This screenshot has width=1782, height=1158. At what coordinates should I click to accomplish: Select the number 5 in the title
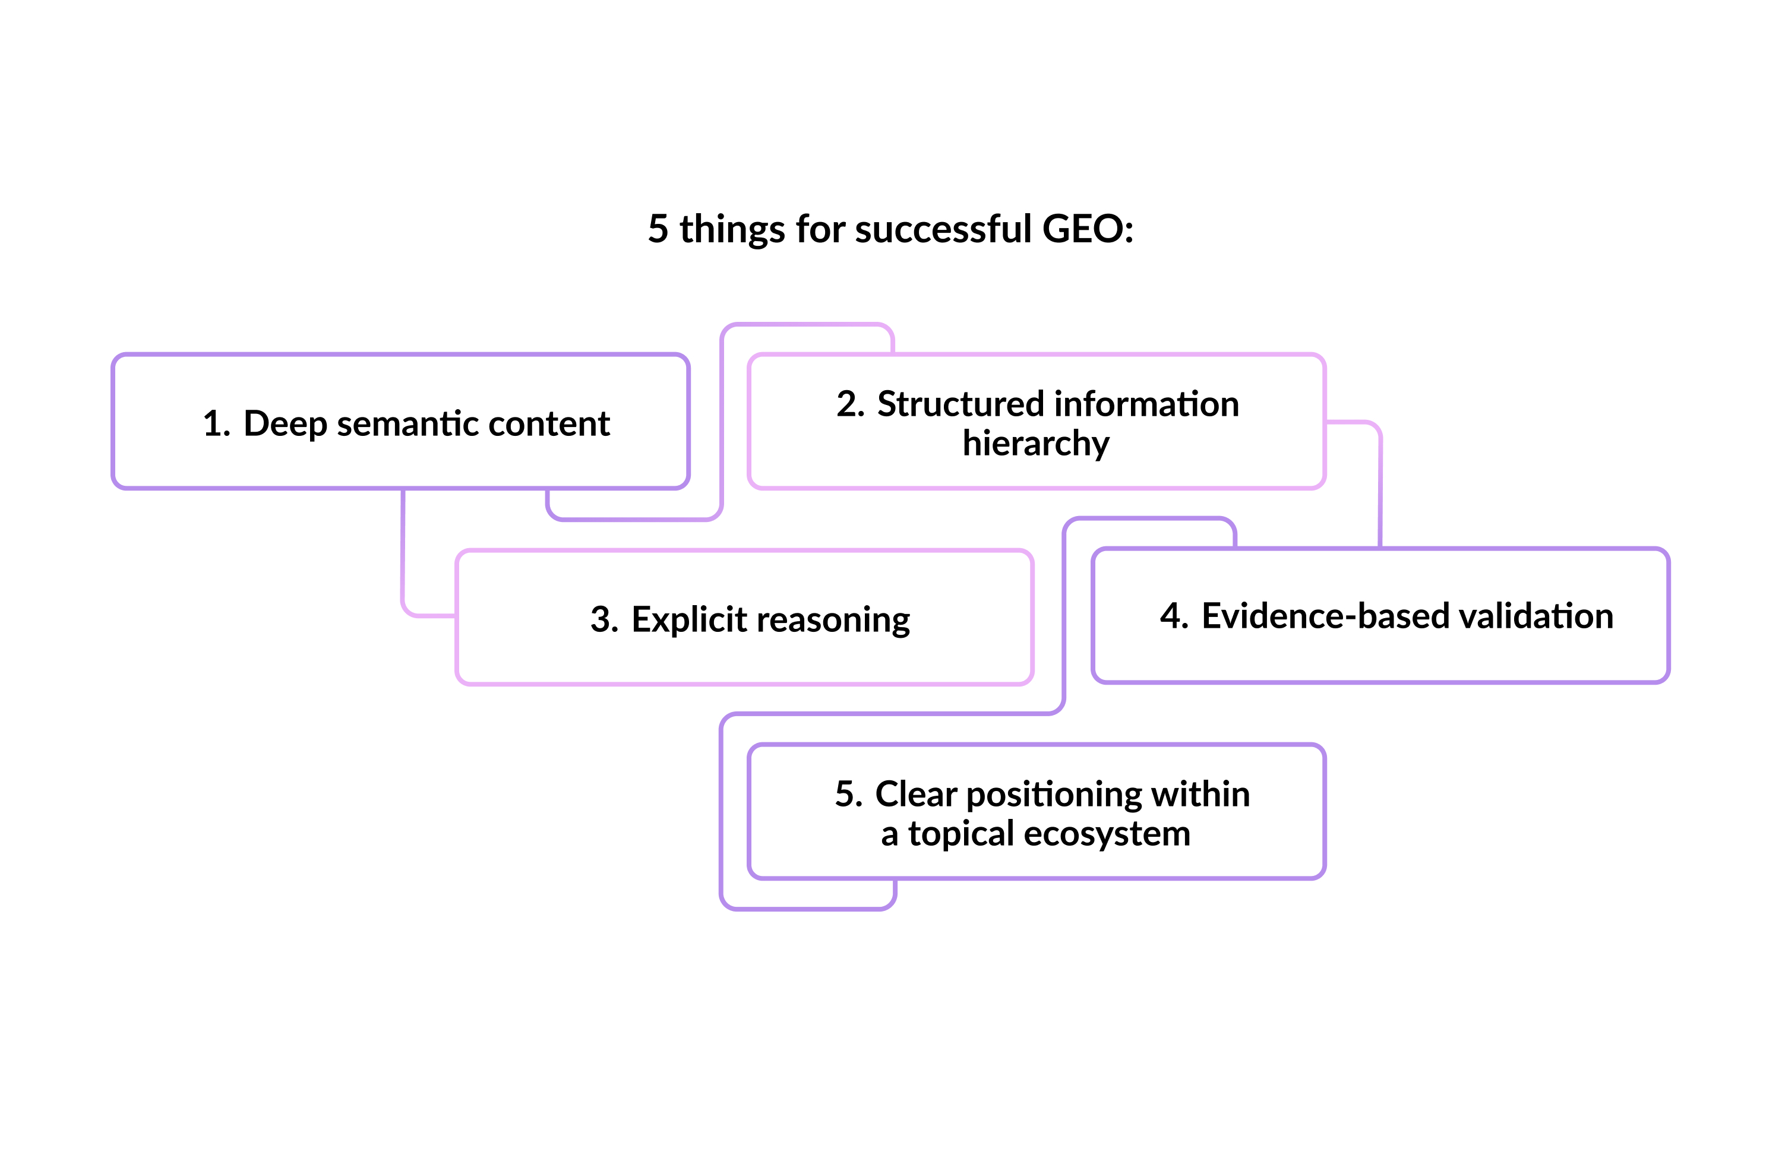(658, 229)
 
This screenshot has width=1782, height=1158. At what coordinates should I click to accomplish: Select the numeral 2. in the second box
(850, 404)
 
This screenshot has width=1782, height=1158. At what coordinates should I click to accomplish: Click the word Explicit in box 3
(689, 620)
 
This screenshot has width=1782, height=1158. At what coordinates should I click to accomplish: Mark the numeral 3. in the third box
(604, 620)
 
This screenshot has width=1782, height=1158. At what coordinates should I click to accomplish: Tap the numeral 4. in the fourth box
(1173, 616)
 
